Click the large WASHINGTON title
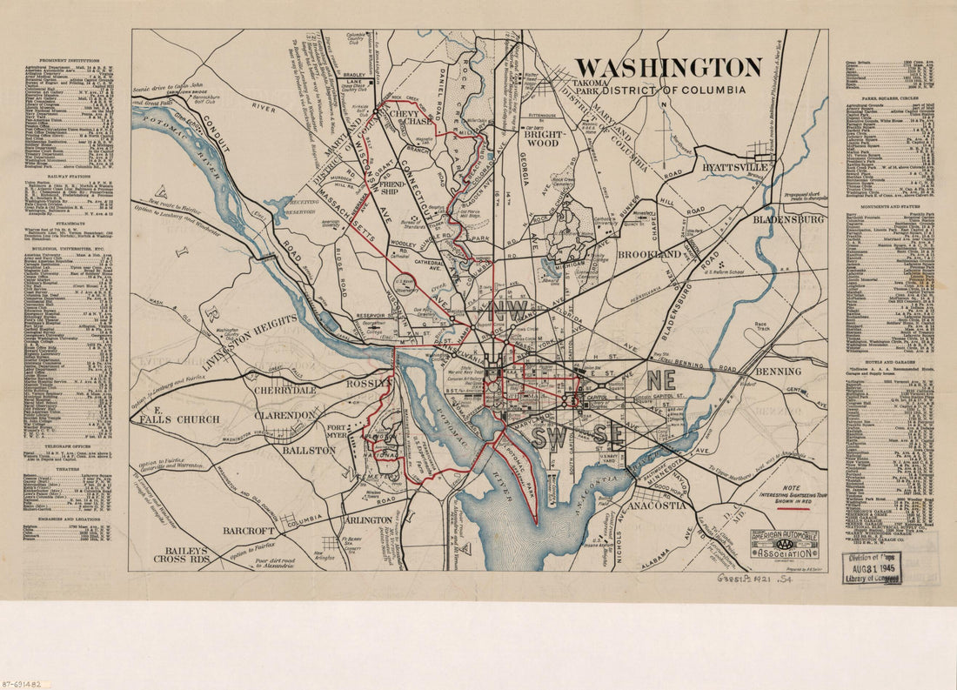667,68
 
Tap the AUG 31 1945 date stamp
872,568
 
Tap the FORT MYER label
338,432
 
